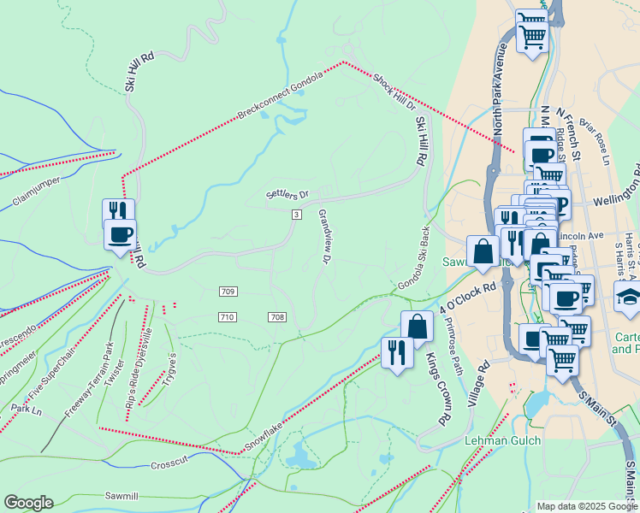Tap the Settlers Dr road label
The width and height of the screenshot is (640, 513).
click(286, 196)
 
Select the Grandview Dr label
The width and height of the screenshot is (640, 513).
click(325, 235)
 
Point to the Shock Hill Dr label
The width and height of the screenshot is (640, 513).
click(394, 93)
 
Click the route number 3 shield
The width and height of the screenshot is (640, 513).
click(296, 214)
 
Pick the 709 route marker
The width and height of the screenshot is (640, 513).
click(227, 292)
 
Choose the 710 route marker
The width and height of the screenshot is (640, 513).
click(227, 317)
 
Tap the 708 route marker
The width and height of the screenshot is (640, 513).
click(276, 317)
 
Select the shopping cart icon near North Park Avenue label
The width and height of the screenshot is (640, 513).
click(532, 33)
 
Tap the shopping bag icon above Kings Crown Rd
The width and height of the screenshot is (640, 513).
click(417, 326)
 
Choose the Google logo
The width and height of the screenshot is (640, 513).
click(28, 503)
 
